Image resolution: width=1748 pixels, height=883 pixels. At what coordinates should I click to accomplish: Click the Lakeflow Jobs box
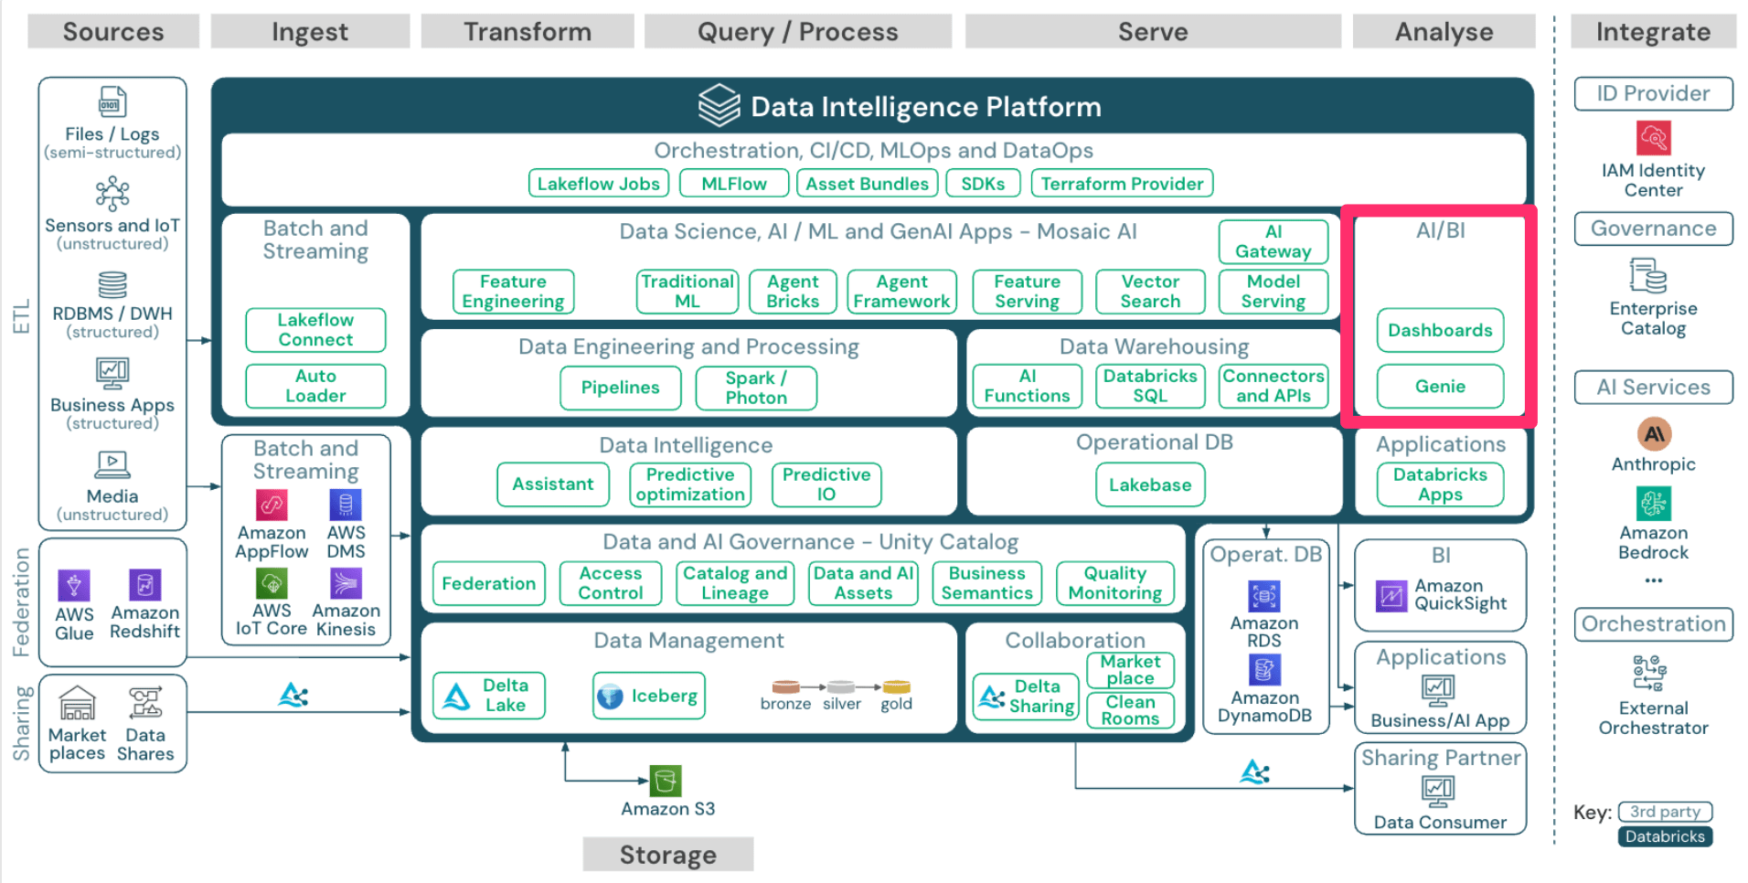click(598, 184)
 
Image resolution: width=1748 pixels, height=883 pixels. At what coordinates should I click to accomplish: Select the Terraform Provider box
click(1122, 184)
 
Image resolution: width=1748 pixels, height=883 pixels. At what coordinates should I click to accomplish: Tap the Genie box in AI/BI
click(1440, 386)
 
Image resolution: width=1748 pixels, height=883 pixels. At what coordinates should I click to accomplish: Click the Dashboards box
click(1440, 330)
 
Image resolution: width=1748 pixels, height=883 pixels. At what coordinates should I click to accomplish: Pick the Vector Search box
click(1150, 292)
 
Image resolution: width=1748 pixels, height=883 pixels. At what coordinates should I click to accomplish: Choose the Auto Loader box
click(315, 386)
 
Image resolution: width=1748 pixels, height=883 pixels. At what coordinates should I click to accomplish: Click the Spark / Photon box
click(756, 388)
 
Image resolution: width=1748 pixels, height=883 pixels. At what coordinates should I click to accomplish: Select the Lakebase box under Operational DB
click(1150, 484)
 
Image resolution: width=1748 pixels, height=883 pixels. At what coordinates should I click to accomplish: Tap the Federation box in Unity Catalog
click(488, 583)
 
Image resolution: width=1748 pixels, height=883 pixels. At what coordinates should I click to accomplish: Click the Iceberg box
click(649, 696)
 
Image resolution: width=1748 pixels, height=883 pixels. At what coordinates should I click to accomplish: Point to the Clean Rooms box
click(1130, 710)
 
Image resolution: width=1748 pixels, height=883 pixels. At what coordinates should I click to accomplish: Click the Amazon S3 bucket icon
click(666, 781)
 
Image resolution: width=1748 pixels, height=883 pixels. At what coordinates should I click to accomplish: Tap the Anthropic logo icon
click(1653, 433)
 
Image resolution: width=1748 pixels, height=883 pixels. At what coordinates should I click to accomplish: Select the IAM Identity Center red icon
click(1653, 138)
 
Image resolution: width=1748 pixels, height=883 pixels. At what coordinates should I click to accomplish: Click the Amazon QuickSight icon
click(1391, 596)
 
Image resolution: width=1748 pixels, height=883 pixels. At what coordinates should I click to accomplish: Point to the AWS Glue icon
click(74, 585)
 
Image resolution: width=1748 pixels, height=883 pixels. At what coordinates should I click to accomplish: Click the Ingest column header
click(310, 32)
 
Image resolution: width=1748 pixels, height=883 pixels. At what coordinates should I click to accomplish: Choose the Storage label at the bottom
click(668, 855)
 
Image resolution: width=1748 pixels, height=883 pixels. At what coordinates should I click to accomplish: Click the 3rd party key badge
click(1665, 812)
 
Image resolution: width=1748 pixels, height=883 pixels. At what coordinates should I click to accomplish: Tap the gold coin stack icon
click(896, 687)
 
